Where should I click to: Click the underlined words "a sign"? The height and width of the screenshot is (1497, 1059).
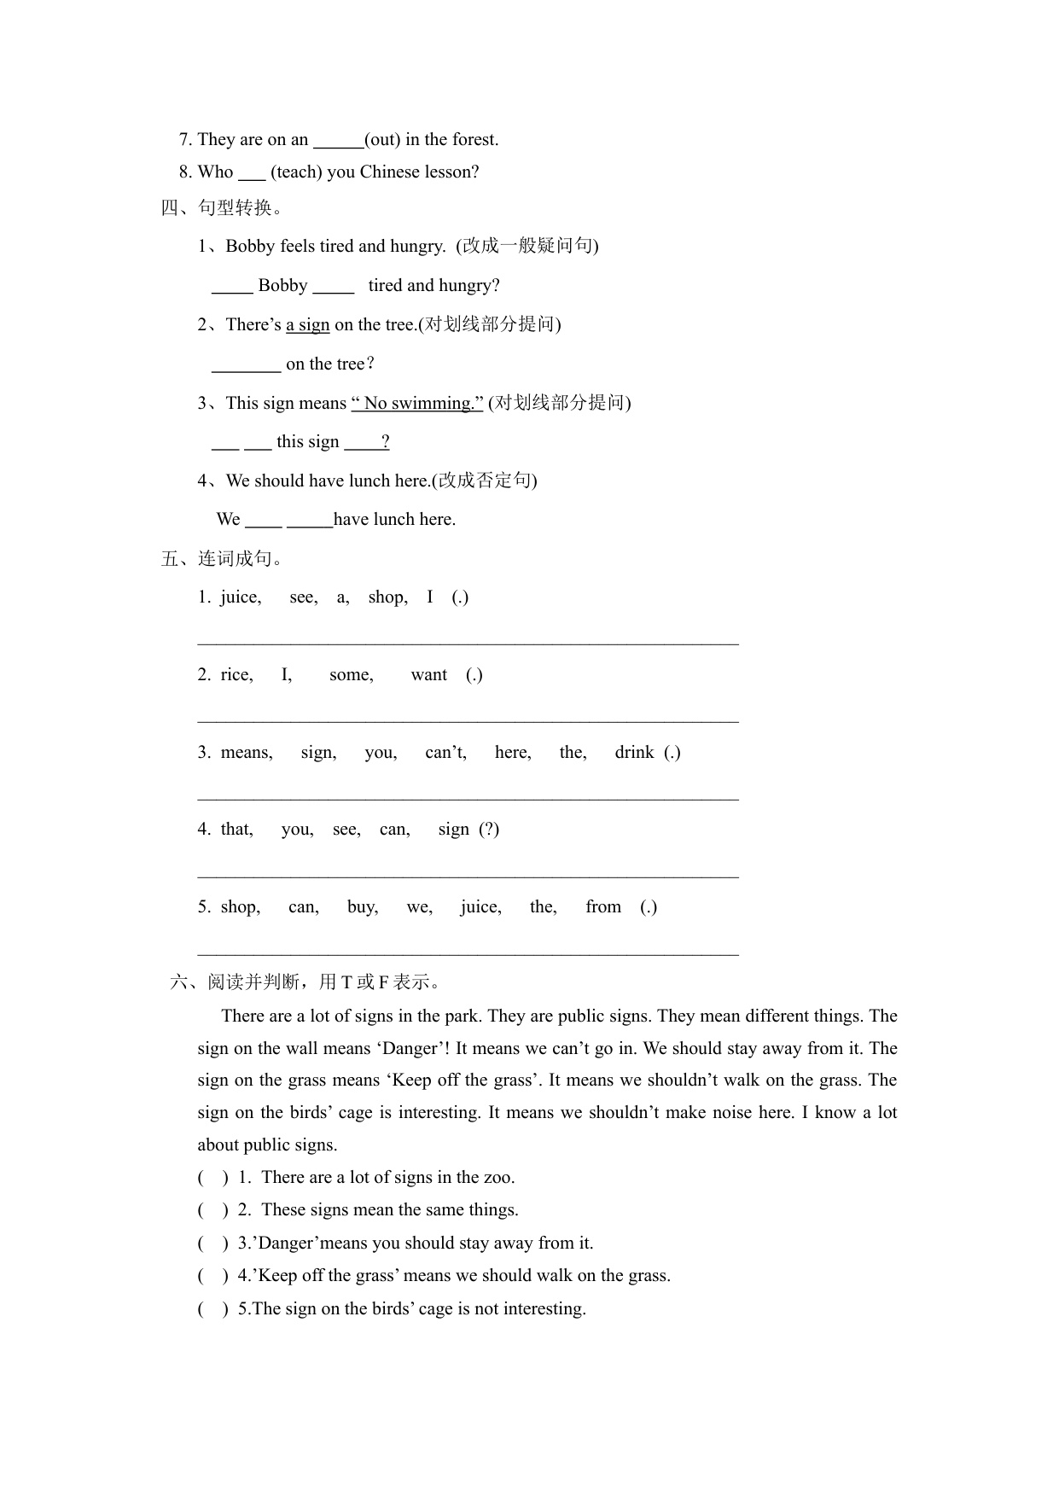[x=307, y=325]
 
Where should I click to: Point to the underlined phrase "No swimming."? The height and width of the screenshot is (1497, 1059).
[x=418, y=404]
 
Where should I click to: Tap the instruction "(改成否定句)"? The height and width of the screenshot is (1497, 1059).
[x=485, y=481]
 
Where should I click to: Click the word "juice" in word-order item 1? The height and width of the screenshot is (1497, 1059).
[x=240, y=597]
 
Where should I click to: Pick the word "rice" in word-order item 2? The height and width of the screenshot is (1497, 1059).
[x=236, y=675]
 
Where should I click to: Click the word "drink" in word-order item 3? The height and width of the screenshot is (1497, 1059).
[x=634, y=753]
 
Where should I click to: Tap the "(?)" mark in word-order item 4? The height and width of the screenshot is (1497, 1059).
[x=489, y=830]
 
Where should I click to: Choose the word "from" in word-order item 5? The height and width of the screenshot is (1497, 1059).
[x=603, y=907]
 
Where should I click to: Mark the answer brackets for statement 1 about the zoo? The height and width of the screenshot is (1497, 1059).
[x=213, y=1178]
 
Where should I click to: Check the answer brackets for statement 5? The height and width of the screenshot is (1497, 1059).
[x=213, y=1309]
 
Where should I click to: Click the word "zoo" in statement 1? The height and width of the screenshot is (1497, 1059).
[x=497, y=1178]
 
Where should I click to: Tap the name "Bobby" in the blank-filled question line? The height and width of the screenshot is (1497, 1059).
[x=282, y=286]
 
